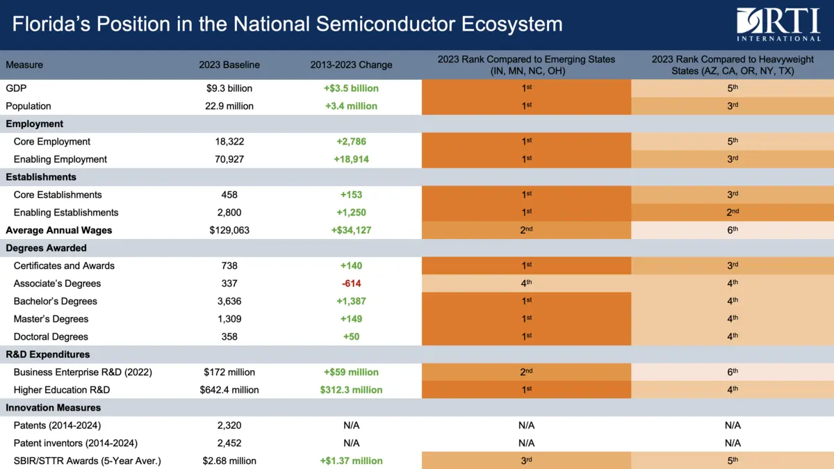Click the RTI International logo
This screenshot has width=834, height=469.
tap(778, 24)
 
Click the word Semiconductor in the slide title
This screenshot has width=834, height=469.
tap(375, 24)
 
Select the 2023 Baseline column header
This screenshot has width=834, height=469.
tap(229, 65)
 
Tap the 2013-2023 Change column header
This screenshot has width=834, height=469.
tap(351, 65)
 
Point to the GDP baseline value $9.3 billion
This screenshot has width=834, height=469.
tap(229, 88)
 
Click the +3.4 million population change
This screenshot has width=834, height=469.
tap(351, 106)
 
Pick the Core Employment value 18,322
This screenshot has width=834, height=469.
tap(229, 142)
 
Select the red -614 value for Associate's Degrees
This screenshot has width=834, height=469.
tap(351, 283)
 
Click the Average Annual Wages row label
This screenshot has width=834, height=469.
tap(59, 230)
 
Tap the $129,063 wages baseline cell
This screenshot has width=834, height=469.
tap(229, 230)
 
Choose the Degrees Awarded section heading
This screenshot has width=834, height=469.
tap(46, 248)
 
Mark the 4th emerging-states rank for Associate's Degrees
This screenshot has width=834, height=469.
tap(526, 283)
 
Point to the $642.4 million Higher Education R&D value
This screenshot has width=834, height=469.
tap(229, 390)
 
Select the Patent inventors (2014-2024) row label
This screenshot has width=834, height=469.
tap(75, 443)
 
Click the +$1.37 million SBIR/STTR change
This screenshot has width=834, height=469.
tap(351, 461)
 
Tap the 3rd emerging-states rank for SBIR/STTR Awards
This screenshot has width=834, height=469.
tap(526, 461)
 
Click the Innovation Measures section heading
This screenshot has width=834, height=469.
tap(53, 408)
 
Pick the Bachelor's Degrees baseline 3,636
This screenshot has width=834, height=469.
tap(229, 302)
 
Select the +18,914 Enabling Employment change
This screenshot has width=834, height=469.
tap(351, 159)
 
